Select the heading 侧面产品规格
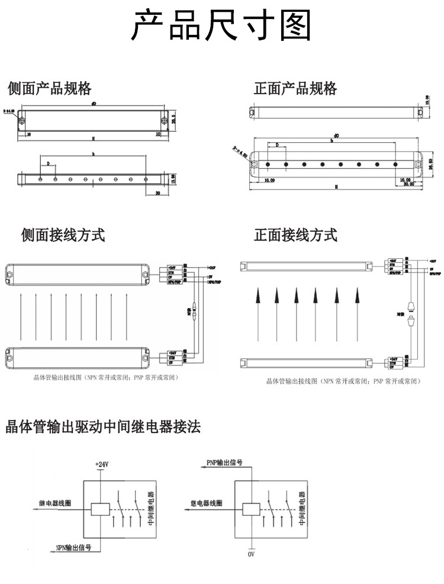click(50, 89)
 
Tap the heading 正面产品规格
click(295, 89)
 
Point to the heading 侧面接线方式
click(63, 235)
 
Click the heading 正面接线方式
click(295, 235)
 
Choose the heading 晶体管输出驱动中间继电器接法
click(104, 426)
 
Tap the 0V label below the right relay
click(251, 555)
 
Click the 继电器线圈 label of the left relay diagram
click(54, 503)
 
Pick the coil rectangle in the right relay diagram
click(251, 508)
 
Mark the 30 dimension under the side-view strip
click(158, 193)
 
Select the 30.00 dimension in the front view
click(408, 184)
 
